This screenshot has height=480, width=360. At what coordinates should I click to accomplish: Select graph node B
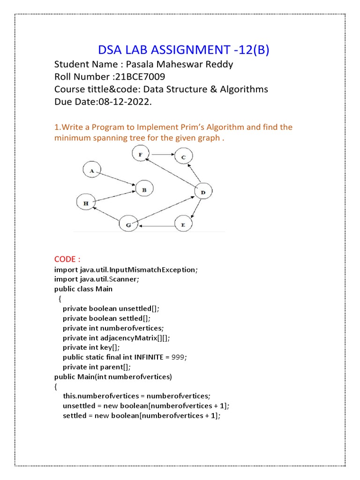(144, 189)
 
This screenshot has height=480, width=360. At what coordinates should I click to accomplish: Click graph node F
(140, 154)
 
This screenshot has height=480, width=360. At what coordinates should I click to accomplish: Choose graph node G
(128, 225)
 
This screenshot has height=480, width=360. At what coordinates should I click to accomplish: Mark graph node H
(86, 203)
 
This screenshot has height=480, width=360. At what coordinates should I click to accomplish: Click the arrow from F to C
(161, 154)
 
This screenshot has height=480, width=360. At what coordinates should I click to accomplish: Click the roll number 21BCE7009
(141, 77)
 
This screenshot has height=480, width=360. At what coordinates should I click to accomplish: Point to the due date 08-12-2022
(125, 101)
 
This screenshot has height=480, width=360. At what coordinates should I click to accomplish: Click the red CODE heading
(67, 259)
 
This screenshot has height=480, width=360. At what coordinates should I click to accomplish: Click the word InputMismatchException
(153, 270)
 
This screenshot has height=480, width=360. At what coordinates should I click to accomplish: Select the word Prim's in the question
(203, 127)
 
